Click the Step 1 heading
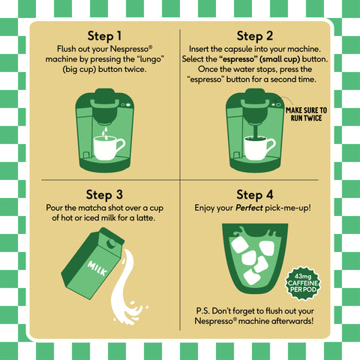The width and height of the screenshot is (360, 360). [x=104, y=36]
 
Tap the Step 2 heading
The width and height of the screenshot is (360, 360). [x=255, y=36]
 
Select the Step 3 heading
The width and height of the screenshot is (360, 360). [x=104, y=195]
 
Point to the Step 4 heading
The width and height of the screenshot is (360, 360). [x=255, y=195]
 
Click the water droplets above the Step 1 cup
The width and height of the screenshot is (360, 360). [x=106, y=133]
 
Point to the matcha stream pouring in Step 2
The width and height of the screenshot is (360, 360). [x=256, y=130]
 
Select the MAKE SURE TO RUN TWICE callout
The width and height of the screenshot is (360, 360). [x=306, y=114]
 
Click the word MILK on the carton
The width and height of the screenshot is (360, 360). [x=97, y=268]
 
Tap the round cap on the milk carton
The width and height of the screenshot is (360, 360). [x=111, y=243]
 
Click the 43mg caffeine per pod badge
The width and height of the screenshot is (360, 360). [x=303, y=283]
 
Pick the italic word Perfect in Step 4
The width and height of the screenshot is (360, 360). [x=249, y=208]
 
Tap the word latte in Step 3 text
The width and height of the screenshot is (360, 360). [x=145, y=217]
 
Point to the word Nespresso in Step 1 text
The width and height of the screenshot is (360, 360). [x=131, y=49]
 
